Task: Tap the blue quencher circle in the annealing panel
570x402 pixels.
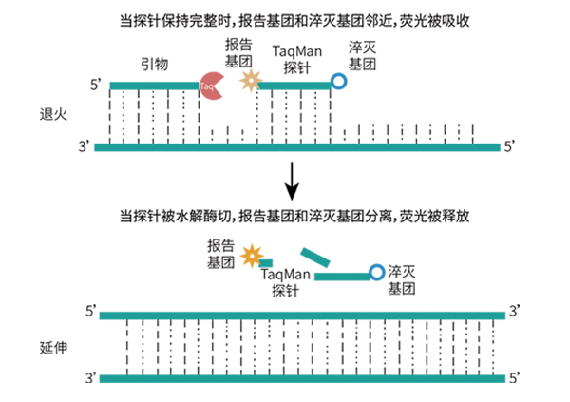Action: coord(338,84)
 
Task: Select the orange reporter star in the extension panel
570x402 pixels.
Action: coord(252,255)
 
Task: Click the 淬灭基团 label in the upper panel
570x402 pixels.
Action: coord(363,56)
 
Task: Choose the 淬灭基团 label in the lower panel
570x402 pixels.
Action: coord(403,279)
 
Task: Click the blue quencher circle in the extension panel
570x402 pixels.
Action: coord(377,274)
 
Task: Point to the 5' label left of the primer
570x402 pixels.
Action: coord(96,86)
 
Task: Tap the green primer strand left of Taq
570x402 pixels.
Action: coord(152,86)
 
